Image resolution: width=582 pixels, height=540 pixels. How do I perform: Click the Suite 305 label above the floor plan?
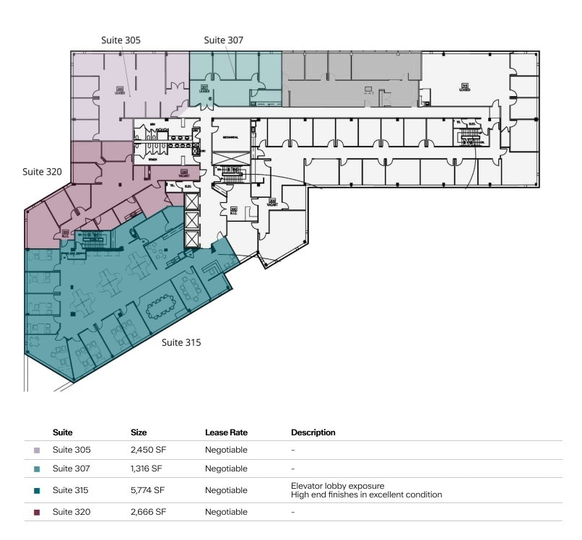click(x=121, y=40)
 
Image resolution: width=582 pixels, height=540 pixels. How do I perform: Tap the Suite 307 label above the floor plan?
click(x=224, y=40)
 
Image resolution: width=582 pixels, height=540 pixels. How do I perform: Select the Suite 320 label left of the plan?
click(x=42, y=172)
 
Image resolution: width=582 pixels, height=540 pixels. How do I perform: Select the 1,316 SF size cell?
click(x=147, y=469)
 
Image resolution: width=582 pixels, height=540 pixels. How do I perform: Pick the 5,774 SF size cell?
click(x=147, y=490)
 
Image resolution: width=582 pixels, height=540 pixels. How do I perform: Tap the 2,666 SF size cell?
click(x=148, y=512)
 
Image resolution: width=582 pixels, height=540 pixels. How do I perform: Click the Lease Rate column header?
click(x=227, y=432)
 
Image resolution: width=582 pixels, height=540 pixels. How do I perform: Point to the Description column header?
click(x=313, y=432)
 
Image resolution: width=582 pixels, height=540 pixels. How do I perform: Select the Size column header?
click(x=139, y=432)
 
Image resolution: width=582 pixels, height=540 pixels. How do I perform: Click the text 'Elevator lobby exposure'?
click(x=332, y=486)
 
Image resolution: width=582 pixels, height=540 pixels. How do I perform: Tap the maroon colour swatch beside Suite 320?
click(x=37, y=512)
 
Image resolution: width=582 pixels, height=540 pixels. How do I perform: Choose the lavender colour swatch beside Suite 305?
click(x=37, y=450)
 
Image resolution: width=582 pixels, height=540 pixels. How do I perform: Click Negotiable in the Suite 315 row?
click(x=226, y=490)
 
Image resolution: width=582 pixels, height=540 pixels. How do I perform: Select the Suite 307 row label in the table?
click(x=71, y=469)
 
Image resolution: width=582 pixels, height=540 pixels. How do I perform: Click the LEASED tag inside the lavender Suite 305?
click(x=120, y=92)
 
